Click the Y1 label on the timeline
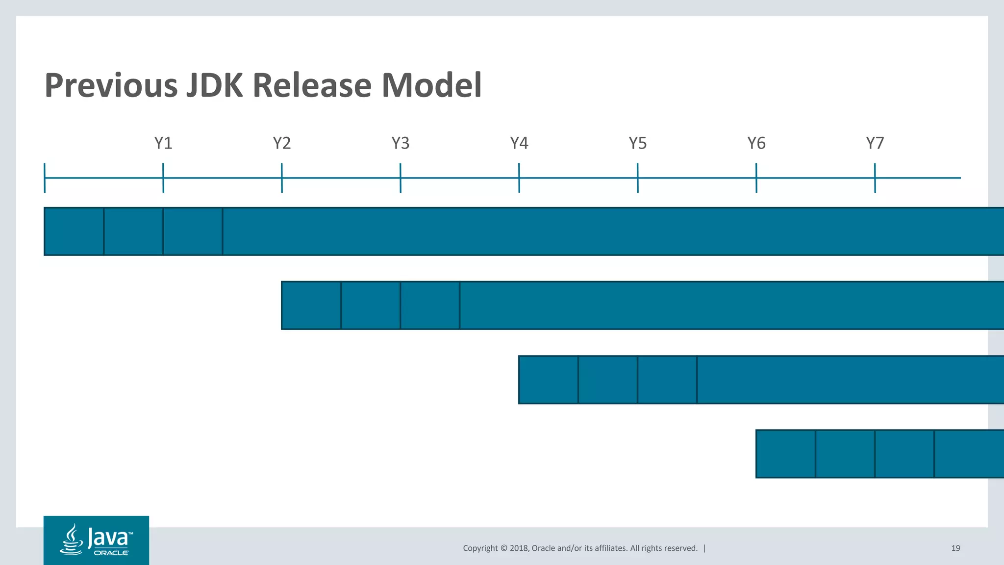coord(163,143)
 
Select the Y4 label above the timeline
coord(519,143)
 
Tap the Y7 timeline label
coord(875,143)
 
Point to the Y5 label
coord(638,143)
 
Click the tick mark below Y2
coord(282,178)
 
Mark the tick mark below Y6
coord(756,178)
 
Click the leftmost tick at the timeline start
coord(45,178)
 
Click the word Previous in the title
coord(111,85)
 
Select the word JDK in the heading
coord(214,85)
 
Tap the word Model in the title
coord(431,85)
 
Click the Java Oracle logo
coord(96,540)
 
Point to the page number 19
coord(955,548)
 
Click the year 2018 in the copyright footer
coord(519,548)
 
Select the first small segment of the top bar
coord(74,231)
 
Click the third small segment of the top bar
coord(193,231)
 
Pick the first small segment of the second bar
coord(311,305)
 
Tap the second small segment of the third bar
coord(608,380)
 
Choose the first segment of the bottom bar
coord(786,454)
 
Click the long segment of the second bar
coord(730,305)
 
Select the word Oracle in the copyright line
coord(544,548)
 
